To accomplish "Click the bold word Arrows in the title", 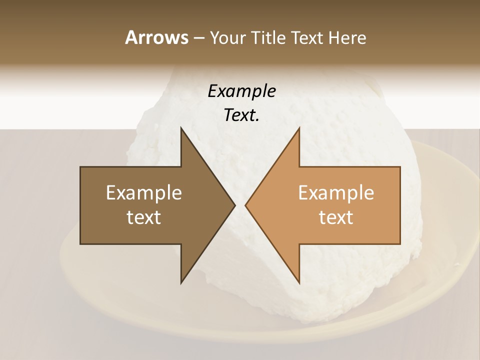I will [x=156, y=37].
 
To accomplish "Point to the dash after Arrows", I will [x=198, y=38].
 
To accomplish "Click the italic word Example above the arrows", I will [x=241, y=91].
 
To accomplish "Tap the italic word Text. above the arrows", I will [x=241, y=115].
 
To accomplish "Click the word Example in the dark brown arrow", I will [x=144, y=193].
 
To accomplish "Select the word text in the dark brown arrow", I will [x=144, y=217].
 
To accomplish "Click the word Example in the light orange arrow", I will [x=336, y=193].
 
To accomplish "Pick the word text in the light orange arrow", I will [x=336, y=217].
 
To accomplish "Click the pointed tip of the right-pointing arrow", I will [x=235, y=205].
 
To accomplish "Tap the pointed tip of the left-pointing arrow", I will [x=245, y=205].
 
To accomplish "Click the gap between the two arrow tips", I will [x=240, y=205].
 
